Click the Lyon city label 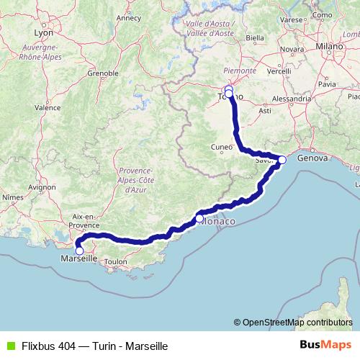click(43, 32)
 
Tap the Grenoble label click(103, 73)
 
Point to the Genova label click(312, 157)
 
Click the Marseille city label click(79, 258)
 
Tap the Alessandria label click(291, 98)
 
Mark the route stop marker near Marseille click(80, 251)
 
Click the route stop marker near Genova click(282, 160)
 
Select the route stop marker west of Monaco click(199, 218)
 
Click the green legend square click(9, 346)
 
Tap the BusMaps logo click(325, 345)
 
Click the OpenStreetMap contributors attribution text click(296, 323)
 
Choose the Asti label click(264, 111)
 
